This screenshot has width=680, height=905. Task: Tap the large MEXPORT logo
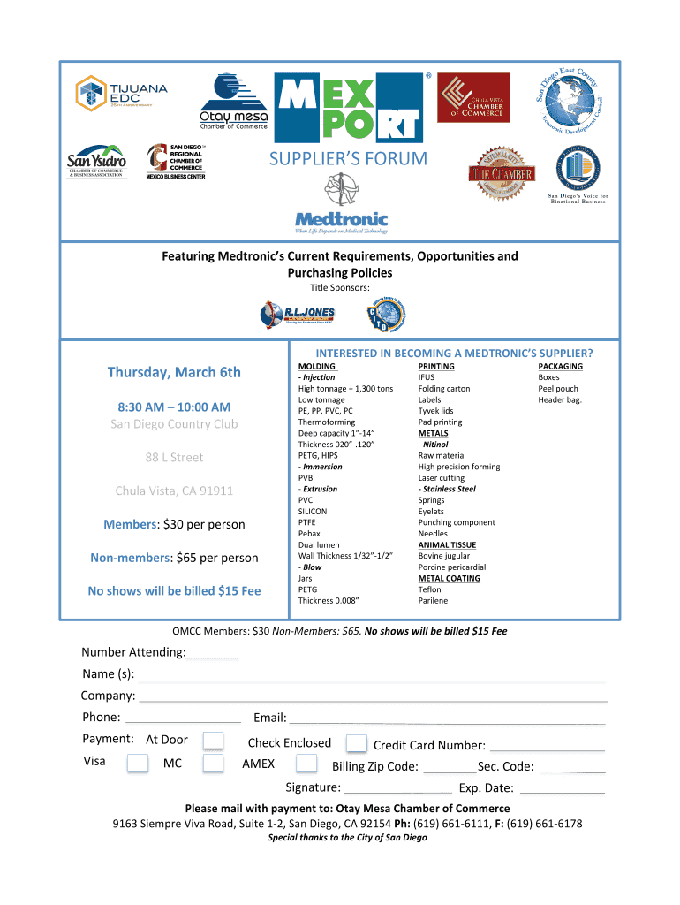[x=351, y=107]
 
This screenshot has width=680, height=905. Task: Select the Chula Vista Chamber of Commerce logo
[x=474, y=97]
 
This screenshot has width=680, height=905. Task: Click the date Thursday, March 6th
[x=174, y=372]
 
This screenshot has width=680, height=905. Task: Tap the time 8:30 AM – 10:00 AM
[x=174, y=407]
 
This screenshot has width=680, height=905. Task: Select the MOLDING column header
[x=316, y=366]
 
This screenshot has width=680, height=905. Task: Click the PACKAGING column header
[x=560, y=366]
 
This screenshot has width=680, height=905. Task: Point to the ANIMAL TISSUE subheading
[x=447, y=545]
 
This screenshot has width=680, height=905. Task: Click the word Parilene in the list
[x=433, y=601]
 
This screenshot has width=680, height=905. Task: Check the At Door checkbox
[x=213, y=741]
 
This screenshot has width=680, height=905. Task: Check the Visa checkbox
[x=137, y=764]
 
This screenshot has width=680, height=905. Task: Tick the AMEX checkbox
[x=306, y=764]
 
